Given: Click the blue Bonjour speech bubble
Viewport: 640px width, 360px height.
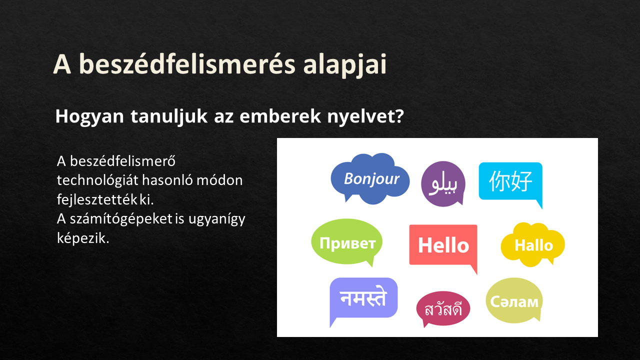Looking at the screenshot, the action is [x=370, y=179].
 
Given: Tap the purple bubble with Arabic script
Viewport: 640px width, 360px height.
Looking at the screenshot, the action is [x=443, y=183].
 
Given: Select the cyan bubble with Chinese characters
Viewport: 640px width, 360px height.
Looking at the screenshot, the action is [x=510, y=181].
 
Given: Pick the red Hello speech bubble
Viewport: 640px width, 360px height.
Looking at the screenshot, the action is [x=443, y=245].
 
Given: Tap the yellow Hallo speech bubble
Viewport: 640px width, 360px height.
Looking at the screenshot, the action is [x=533, y=245].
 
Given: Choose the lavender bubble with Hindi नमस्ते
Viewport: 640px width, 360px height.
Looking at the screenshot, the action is [x=363, y=298].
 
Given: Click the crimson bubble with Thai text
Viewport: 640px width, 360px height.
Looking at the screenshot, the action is [x=443, y=308].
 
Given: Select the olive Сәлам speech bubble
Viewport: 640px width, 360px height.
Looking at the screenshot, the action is [x=514, y=300].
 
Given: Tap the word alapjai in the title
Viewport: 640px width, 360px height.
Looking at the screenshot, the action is [x=345, y=65].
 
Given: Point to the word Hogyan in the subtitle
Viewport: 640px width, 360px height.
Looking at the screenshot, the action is [x=89, y=117].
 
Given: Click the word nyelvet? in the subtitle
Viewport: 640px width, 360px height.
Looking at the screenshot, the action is [x=365, y=116].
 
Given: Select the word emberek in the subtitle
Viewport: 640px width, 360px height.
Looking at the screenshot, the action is [x=280, y=116].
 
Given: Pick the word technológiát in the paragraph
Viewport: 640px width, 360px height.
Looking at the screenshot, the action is [x=97, y=180].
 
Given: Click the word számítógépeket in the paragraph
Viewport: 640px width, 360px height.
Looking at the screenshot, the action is [x=121, y=219].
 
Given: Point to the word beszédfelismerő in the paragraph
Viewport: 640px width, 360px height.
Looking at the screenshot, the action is [x=122, y=161].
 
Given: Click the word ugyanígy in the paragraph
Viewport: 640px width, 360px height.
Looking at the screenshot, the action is [x=217, y=219].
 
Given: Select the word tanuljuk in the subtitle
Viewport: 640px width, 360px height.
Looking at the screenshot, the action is [x=169, y=117].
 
